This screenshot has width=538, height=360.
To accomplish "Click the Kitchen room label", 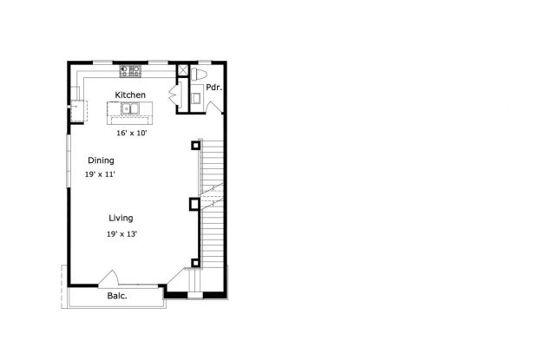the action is (130, 95).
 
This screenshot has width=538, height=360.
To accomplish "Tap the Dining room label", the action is (101, 160).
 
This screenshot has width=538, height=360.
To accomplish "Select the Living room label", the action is (121, 218).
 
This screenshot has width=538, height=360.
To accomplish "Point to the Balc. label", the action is (117, 296).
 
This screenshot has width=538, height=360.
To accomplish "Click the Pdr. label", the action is (214, 88).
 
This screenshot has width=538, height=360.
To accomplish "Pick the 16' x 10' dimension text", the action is (131, 133).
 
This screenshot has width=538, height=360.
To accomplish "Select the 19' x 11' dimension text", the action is (100, 174).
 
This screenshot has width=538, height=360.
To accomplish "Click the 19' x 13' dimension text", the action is (121, 234).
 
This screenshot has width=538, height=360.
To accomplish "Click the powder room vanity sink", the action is (196, 98).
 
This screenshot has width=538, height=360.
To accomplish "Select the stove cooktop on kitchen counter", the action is (130, 71).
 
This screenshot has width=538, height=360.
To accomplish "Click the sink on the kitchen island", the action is (130, 108).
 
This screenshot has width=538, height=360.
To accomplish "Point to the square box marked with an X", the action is (182, 70).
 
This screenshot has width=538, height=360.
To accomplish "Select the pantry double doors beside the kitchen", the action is (174, 93).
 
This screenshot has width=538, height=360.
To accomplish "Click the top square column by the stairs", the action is (195, 146).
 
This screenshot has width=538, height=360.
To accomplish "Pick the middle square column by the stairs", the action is (194, 205).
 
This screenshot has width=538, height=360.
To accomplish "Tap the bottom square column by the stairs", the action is (195, 263).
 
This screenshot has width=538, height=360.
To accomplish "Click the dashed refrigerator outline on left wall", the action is (79, 111).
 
